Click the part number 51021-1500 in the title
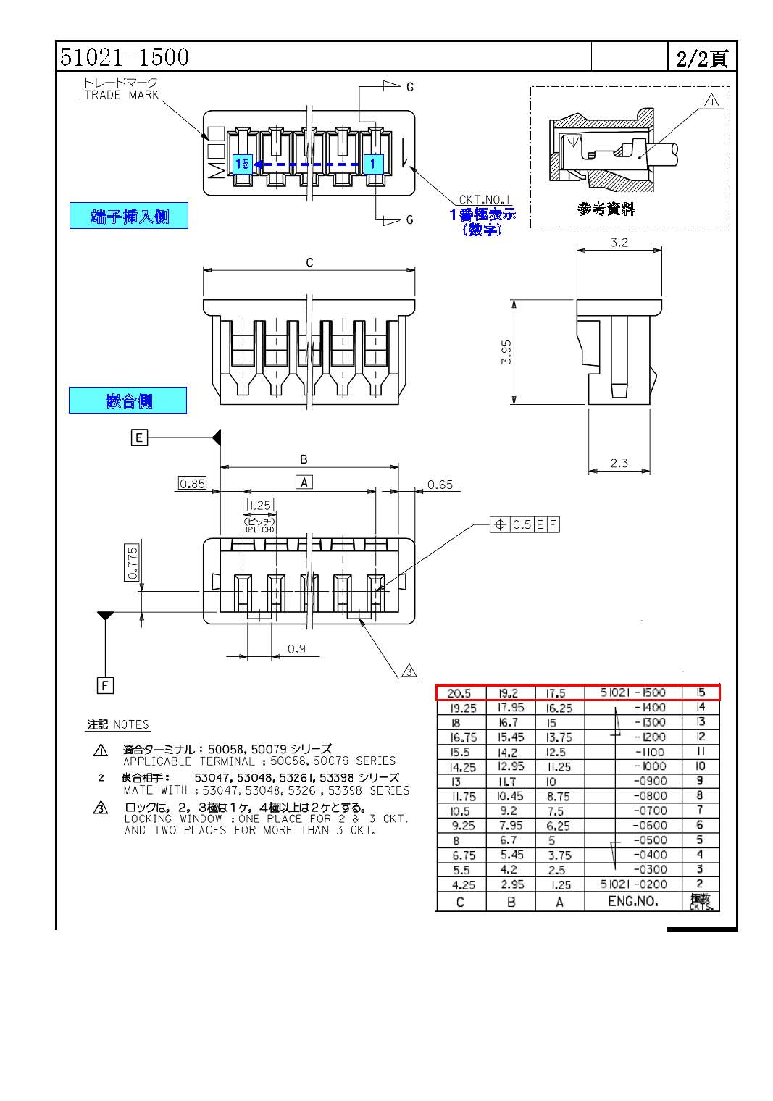(x=124, y=57)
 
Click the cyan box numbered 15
(x=242, y=164)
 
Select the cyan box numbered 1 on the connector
(x=372, y=164)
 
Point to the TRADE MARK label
(x=121, y=95)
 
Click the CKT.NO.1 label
(x=485, y=200)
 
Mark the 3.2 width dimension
(x=619, y=243)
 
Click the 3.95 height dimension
(x=506, y=352)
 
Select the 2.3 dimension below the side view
(x=619, y=463)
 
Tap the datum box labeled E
(x=139, y=438)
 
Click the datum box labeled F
(x=105, y=685)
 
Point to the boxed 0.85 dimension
(x=192, y=484)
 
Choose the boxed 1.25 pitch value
(x=259, y=505)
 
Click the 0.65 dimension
(x=440, y=485)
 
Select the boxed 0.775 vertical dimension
(x=132, y=562)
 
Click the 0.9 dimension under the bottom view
(x=296, y=649)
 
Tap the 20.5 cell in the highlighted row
(x=459, y=693)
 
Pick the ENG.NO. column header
(x=633, y=901)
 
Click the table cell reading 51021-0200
(x=633, y=884)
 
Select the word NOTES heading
(x=131, y=724)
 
